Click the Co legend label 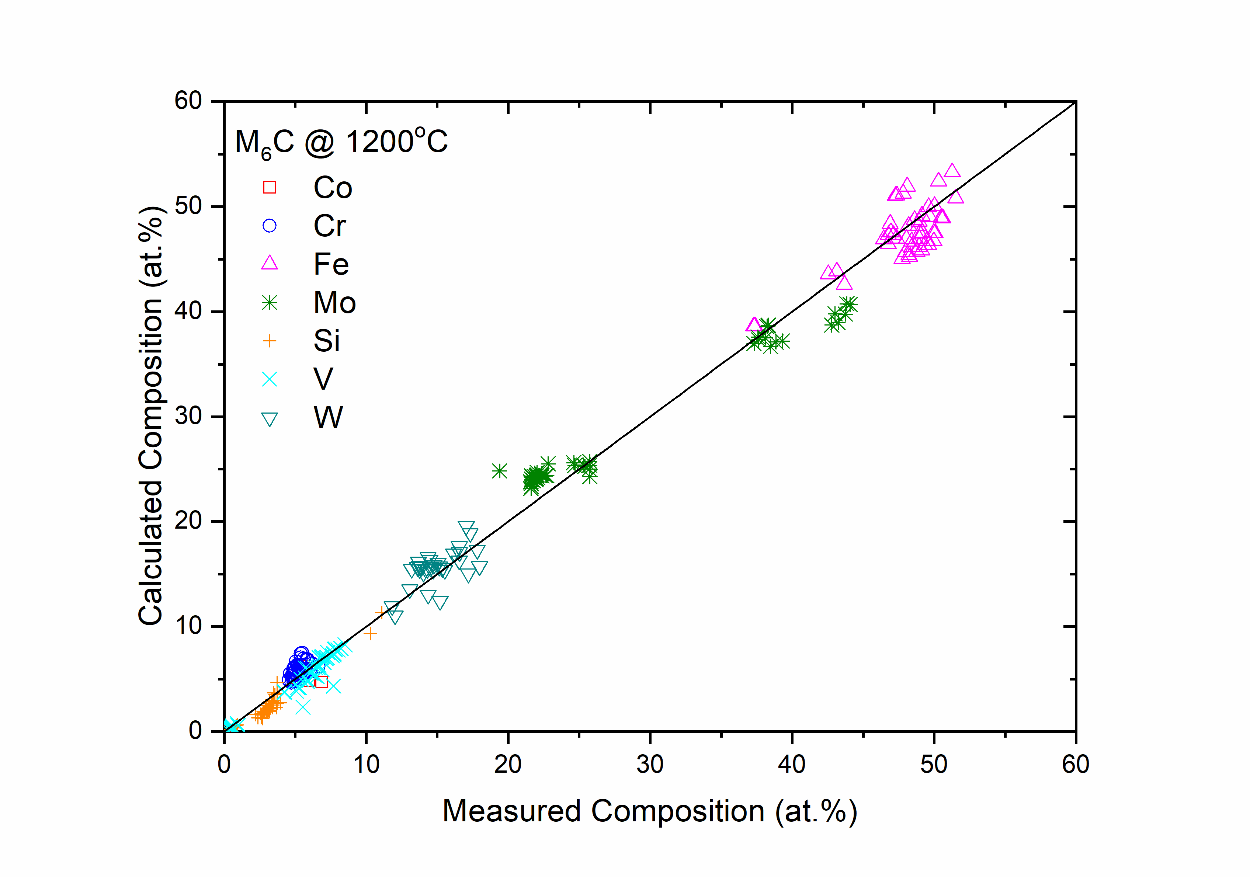(333, 188)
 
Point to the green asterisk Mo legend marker (270, 303)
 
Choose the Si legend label (327, 341)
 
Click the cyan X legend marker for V (270, 379)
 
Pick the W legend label (328, 418)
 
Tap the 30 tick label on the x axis (650, 765)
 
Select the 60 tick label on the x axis (1075, 765)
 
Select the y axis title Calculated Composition (151, 417)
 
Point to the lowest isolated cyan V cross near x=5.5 (303, 707)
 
